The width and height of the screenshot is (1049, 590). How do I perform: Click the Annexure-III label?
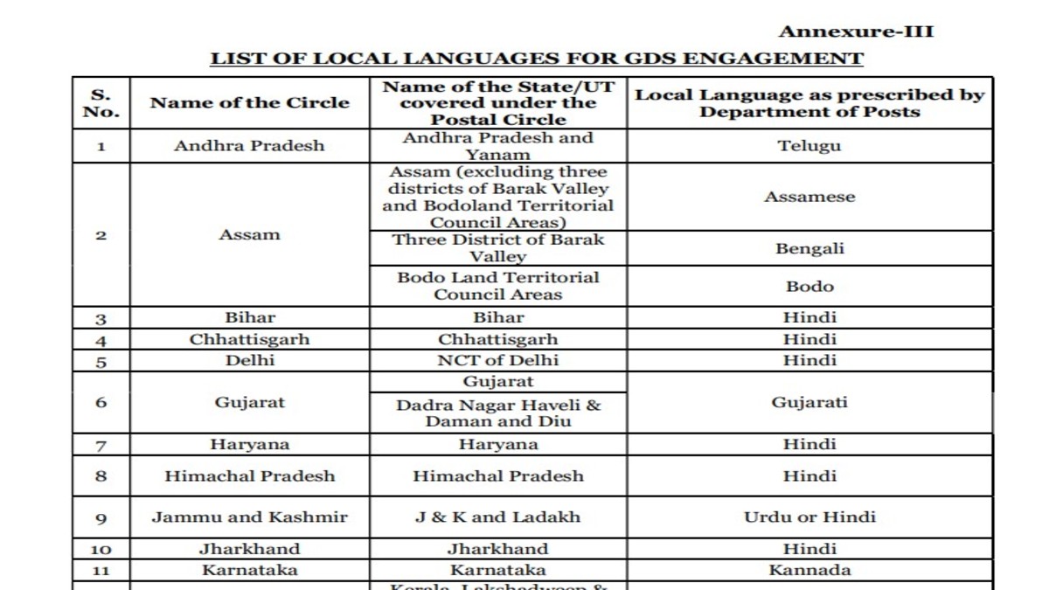click(856, 32)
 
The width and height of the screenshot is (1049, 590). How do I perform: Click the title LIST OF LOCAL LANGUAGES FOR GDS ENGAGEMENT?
click(536, 59)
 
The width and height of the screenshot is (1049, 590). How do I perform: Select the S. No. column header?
click(101, 103)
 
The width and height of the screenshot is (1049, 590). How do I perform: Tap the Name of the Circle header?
click(249, 103)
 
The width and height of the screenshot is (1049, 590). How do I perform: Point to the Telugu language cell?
click(809, 146)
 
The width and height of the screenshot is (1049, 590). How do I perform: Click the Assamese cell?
click(809, 197)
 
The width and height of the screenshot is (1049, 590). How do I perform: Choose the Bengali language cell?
click(809, 248)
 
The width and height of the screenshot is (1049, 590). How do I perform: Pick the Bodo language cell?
click(809, 286)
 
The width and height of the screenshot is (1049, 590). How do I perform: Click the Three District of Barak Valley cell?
click(498, 248)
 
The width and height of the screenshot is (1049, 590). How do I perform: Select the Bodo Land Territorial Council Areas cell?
click(498, 286)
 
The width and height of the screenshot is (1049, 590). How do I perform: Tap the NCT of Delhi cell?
click(498, 360)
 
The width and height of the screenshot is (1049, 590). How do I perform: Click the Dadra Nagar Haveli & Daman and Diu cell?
click(498, 413)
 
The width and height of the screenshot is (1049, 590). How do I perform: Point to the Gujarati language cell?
click(809, 403)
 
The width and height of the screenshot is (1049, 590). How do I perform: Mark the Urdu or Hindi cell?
click(809, 517)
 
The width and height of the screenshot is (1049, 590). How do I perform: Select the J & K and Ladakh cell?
click(498, 517)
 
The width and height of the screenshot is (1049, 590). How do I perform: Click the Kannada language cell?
click(809, 570)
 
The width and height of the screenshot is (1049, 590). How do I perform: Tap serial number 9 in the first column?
click(101, 517)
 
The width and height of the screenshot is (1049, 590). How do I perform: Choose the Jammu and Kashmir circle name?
click(249, 517)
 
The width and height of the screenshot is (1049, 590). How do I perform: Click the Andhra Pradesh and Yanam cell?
click(498, 146)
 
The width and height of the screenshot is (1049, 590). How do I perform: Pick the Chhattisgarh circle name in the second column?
click(249, 339)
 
